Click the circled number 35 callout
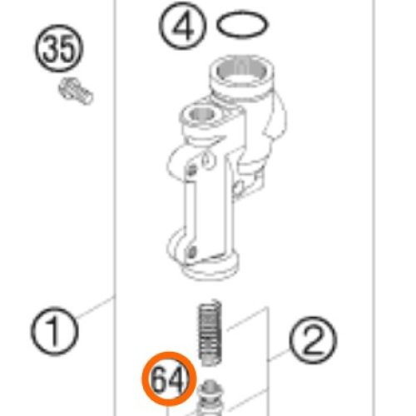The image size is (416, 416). coord(59,48)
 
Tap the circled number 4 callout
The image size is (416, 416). coord(183,26)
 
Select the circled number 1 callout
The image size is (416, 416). coord(55,331)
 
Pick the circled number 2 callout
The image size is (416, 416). coord(313,340)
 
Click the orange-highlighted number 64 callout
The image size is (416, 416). coord(169,379)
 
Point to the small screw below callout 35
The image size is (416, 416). coord(76,91)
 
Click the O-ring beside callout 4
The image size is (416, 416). coord(242,24)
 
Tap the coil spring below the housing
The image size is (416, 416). coord(210,332)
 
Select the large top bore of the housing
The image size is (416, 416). coord(240,72)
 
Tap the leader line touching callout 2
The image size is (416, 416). coord(279,355)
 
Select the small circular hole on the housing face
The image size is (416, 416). coord(206,161)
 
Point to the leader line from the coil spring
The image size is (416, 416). coord(247,319)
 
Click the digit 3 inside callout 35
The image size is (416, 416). coord(51,49)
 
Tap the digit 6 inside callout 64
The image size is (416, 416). coord(160,379)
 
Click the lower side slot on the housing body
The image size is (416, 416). coord(192,252)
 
